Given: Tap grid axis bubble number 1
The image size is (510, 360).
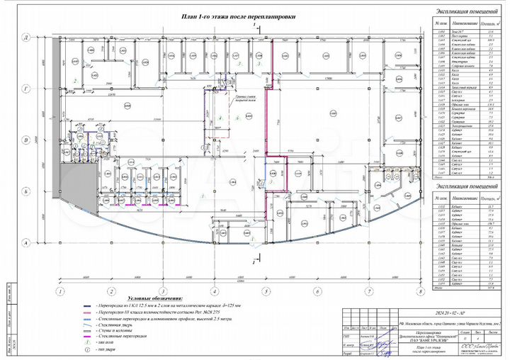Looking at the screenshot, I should (x=62, y=291).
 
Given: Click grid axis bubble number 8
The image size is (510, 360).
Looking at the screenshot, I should (x=420, y=291).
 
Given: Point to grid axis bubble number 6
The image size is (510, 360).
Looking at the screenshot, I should (x=317, y=291).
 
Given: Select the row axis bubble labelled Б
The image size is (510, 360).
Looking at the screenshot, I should (x=45, y=191).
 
